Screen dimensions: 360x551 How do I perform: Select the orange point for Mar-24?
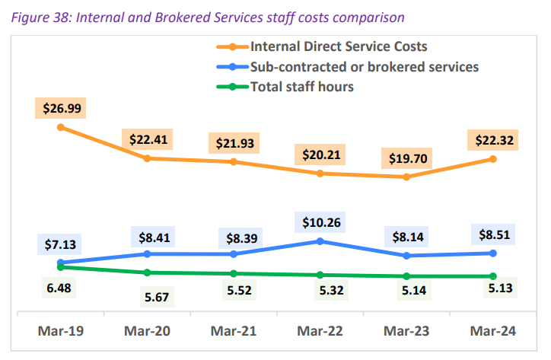(493, 159)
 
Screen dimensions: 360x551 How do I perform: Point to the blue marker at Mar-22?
(320, 241)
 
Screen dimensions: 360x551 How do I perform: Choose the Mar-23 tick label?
(406, 331)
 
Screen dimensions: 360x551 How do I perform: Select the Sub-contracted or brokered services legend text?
(365, 67)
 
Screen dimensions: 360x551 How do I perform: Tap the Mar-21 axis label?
(234, 331)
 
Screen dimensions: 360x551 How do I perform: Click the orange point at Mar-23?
(406, 177)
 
